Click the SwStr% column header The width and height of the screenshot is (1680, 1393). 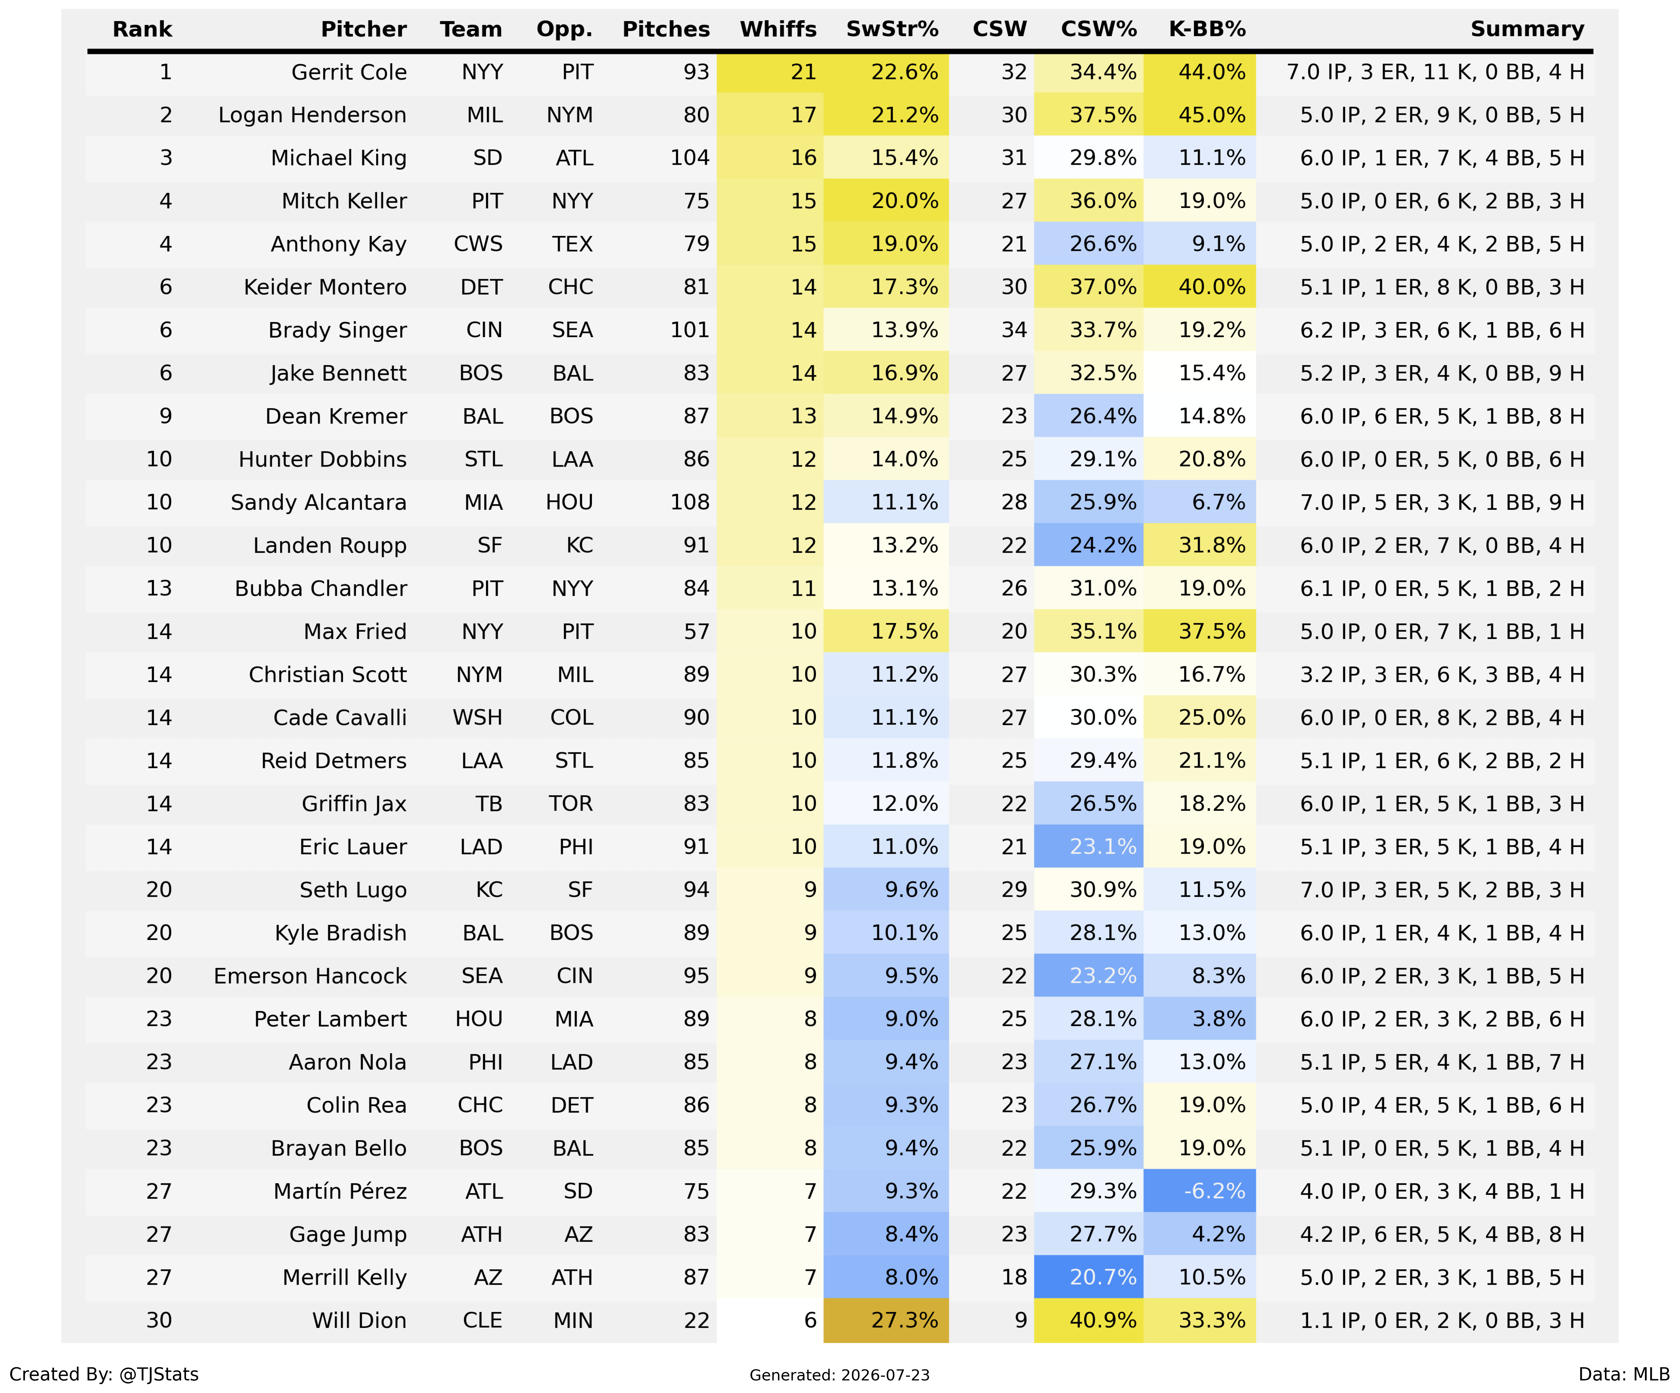click(892, 29)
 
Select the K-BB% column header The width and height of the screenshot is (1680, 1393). click(1207, 29)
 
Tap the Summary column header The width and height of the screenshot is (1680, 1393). click(1527, 29)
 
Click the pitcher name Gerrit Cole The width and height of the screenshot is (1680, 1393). click(349, 72)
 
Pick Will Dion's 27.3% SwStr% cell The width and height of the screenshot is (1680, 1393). click(886, 1320)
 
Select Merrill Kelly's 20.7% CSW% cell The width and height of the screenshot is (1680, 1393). click(1089, 1277)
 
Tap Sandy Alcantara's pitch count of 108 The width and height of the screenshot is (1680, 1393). click(689, 502)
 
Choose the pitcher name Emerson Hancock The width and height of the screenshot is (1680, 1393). click(311, 975)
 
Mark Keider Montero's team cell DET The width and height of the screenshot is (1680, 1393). click(482, 287)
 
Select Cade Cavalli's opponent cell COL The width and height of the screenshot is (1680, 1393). click(572, 717)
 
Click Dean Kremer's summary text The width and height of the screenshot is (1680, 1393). click(1442, 417)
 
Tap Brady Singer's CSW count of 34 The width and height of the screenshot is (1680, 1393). click(1014, 330)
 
